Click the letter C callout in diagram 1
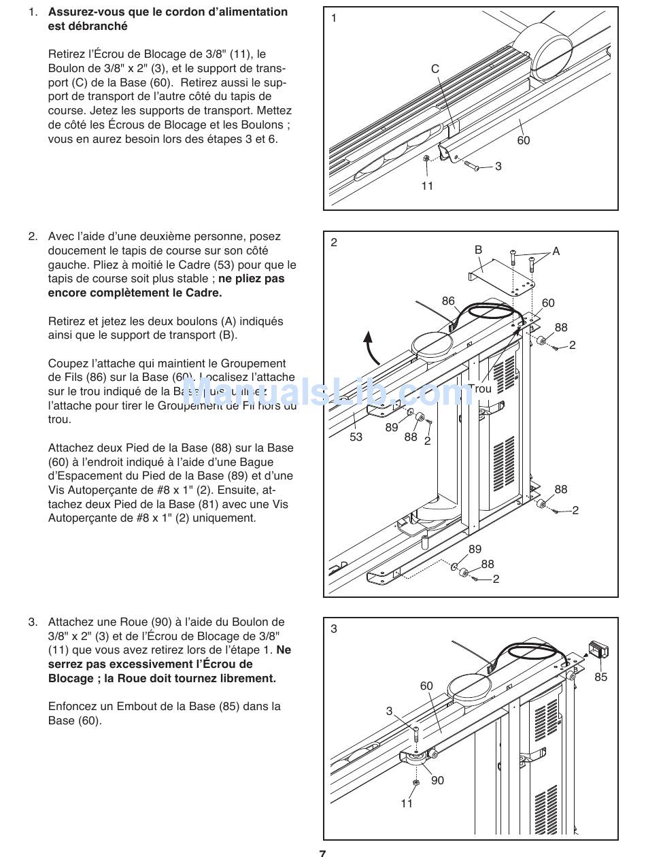[435, 69]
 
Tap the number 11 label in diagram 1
[426, 186]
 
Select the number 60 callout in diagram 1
[523, 141]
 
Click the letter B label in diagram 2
[478, 250]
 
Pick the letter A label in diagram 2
[556, 252]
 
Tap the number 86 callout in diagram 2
[448, 301]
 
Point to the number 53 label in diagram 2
[356, 437]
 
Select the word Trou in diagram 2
[479, 389]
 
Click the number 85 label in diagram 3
[601, 677]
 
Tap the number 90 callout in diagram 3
[437, 780]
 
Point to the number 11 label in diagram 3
[407, 804]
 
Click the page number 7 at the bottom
[322, 853]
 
